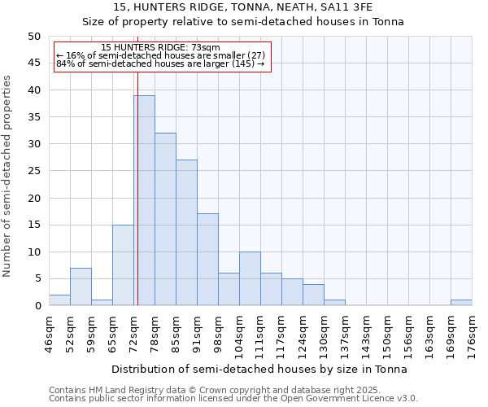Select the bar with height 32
(165, 219)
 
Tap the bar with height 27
(186, 233)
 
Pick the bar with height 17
(207, 260)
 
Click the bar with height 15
(123, 265)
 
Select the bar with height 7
(81, 287)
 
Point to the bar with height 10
(250, 278)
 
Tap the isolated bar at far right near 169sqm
(461, 303)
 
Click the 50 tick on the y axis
(34, 37)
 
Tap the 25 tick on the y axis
(34, 171)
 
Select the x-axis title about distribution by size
(259, 369)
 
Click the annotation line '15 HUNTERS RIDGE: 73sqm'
(160, 48)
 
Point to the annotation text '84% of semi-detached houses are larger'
(160, 63)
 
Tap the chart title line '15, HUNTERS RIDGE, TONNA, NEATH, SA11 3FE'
(243, 7)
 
